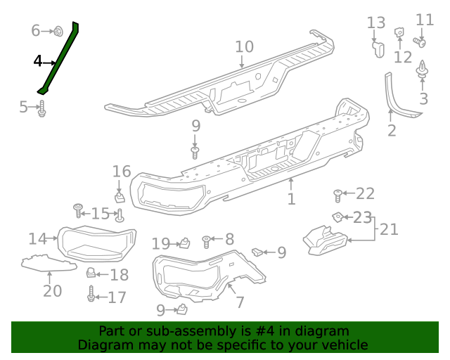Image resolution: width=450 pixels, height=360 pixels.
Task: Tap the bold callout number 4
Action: point(37,61)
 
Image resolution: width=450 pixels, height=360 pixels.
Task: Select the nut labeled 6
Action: point(58,31)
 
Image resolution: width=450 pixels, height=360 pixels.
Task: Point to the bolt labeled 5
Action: point(42,108)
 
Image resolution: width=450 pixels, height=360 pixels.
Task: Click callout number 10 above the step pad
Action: point(245,47)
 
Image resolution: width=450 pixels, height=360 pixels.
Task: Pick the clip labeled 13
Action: point(378,49)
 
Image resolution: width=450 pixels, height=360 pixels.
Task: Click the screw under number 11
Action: point(420,42)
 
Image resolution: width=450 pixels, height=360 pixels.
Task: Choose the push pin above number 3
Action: point(422,69)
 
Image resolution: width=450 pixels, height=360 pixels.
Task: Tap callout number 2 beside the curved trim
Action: point(392,131)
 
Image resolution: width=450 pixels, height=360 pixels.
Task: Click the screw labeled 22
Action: point(337,195)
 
